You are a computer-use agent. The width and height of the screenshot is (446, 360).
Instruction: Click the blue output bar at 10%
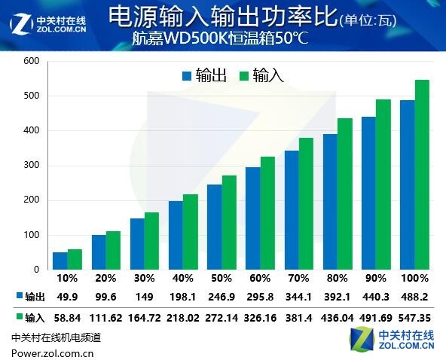click(60, 261)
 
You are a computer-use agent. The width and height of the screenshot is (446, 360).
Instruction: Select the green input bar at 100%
click(422, 175)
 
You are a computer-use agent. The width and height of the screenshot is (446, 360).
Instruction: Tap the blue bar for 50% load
click(215, 227)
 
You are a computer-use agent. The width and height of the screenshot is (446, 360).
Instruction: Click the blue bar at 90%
click(369, 193)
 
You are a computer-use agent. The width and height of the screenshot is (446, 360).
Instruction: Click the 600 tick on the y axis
click(31, 61)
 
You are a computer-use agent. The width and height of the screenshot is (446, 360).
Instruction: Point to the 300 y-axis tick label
click(31, 165)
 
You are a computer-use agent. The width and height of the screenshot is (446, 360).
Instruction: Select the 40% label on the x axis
click(183, 279)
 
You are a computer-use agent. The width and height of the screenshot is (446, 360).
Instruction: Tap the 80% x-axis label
click(338, 279)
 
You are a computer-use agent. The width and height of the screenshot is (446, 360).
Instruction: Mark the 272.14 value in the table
click(221, 317)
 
